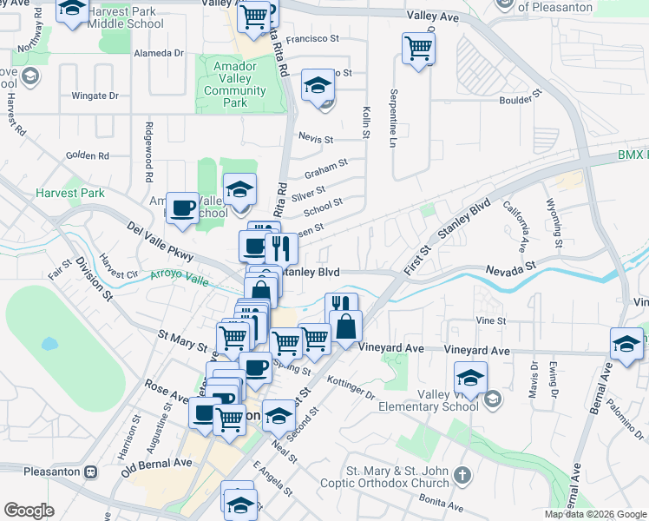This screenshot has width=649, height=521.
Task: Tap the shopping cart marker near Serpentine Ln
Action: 418,49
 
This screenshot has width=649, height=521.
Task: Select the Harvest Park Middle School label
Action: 126,17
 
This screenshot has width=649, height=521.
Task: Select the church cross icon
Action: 462,476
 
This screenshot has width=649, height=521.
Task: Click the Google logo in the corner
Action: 29,511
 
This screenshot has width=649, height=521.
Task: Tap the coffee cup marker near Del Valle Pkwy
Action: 182,208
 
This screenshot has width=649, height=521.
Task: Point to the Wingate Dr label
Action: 95,96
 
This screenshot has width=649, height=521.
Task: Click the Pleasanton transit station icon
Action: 89,472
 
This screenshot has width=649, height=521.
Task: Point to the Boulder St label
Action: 521,101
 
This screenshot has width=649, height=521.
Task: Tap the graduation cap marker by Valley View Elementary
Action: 470,378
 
